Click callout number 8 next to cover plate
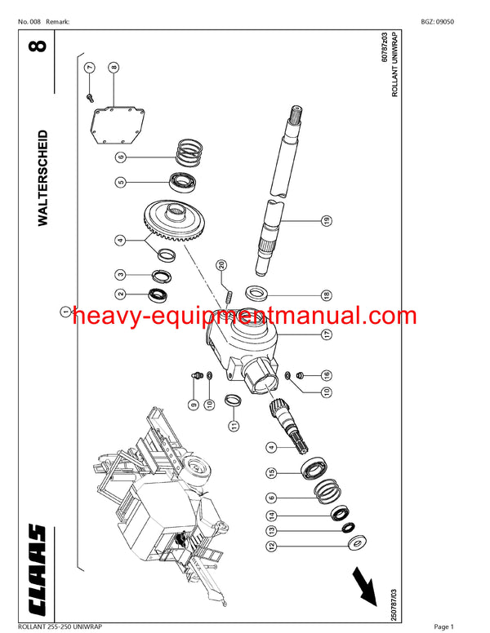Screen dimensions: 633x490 (114, 68)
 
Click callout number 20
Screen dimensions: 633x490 (221, 264)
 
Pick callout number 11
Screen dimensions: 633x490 (233, 425)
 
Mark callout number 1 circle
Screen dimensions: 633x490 (64, 311)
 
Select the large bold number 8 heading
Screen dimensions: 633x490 (42, 43)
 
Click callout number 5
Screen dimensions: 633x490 (119, 182)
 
